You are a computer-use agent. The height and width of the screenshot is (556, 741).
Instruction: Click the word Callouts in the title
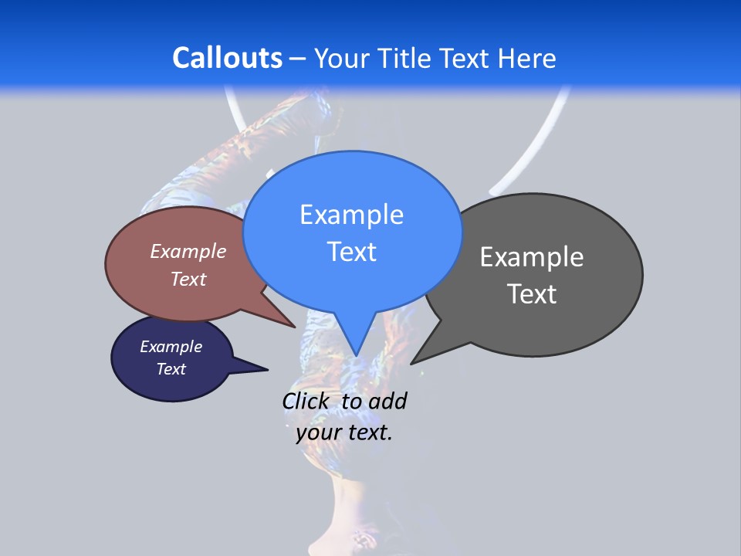[x=227, y=58]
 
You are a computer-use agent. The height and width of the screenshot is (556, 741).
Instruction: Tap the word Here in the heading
[x=527, y=58]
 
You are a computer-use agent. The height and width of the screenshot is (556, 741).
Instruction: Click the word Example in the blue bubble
[x=351, y=215]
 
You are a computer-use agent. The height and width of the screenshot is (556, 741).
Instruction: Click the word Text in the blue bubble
[x=351, y=252]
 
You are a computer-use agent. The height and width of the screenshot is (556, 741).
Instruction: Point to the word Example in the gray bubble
[x=532, y=257]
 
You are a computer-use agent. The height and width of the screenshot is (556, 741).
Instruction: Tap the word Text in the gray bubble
[x=532, y=294]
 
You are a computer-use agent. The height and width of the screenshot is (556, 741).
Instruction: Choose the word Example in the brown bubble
[x=188, y=251]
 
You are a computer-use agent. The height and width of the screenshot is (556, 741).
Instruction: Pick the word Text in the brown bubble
[x=188, y=279]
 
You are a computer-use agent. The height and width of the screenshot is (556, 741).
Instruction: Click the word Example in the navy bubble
[x=171, y=347]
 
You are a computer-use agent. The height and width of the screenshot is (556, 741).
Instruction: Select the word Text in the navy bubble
[x=171, y=369]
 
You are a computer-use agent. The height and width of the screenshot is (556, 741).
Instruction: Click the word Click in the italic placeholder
[x=306, y=402]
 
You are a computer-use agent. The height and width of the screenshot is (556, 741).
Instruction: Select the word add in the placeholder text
[x=387, y=402]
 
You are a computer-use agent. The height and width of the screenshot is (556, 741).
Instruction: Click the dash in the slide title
[x=298, y=59]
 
